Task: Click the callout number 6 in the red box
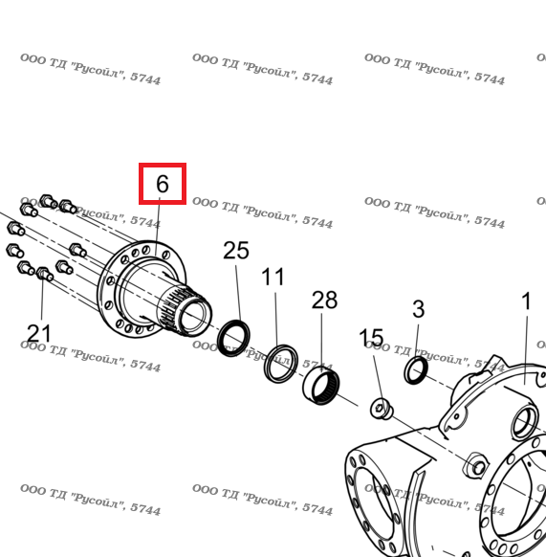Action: click(163, 184)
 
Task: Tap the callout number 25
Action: click(236, 251)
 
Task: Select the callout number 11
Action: click(273, 277)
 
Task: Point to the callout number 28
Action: click(324, 300)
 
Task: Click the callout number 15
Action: click(371, 337)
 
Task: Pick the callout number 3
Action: click(418, 309)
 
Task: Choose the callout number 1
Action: click(526, 301)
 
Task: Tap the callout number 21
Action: click(38, 334)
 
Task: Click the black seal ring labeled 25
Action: click(233, 338)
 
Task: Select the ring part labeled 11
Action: click(281, 364)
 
